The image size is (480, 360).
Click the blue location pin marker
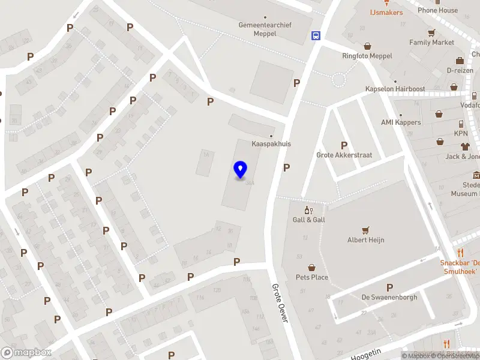(241, 170)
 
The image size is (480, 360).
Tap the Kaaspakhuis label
(271, 144)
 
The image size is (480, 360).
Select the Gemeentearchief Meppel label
(266, 29)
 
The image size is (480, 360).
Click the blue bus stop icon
(316, 35)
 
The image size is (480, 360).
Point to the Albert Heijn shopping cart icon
(365, 230)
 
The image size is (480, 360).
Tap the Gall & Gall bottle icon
(308, 210)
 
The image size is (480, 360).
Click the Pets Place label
(312, 277)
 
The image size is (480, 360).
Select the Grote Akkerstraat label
(344, 155)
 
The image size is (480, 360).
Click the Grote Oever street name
(280, 303)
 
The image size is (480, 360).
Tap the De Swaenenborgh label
(389, 297)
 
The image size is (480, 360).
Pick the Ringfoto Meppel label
(367, 56)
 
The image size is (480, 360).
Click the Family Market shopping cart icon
(431, 33)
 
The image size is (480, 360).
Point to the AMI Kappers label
(401, 122)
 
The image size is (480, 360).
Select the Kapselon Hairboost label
(395, 89)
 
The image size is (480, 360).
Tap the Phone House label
(437, 10)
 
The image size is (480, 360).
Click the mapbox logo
(26, 353)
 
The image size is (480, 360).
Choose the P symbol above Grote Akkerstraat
(344, 145)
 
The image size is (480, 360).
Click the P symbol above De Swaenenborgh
(389, 287)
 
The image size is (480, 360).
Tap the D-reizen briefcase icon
(460, 61)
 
